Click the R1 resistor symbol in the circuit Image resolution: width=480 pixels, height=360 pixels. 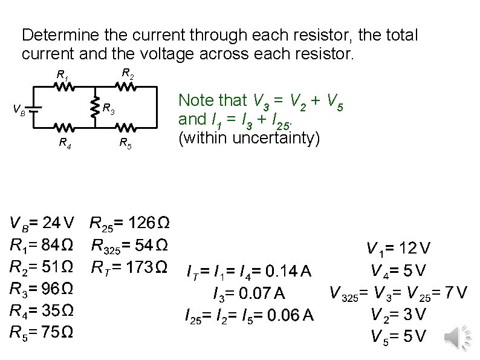65,87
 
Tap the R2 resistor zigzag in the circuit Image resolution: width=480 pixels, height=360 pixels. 126,87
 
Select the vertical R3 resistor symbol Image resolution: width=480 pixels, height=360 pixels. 94,108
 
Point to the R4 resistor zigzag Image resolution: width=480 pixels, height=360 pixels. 65,128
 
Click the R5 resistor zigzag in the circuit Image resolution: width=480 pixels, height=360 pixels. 126,128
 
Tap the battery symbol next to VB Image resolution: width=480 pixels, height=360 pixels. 35,109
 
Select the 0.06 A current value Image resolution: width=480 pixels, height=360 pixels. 290,315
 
